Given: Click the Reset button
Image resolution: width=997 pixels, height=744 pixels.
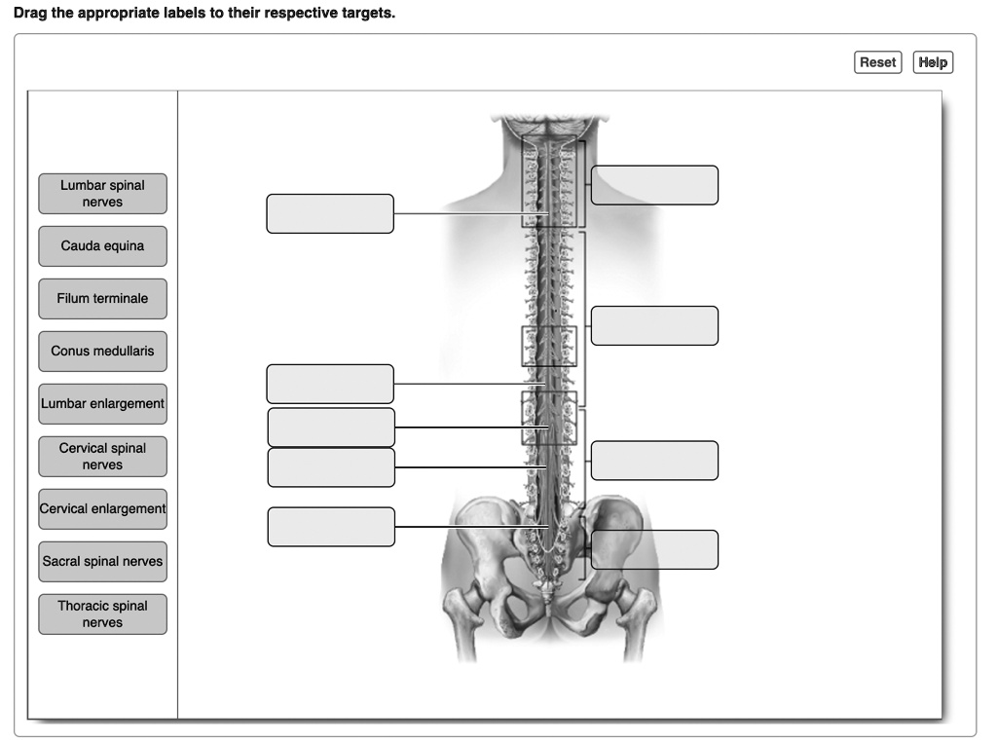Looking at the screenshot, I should click(x=877, y=62).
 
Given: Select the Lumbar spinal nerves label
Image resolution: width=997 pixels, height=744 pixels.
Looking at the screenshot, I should click(x=102, y=194).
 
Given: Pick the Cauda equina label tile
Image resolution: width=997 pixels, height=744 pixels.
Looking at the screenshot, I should click(x=102, y=246).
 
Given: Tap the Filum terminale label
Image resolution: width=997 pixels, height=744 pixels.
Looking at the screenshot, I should click(x=102, y=299).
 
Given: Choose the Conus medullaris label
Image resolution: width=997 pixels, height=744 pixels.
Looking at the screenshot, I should click(x=102, y=352).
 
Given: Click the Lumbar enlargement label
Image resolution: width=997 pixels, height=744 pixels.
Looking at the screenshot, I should click(x=102, y=404).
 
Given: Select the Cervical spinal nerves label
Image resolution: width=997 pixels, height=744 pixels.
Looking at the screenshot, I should click(x=102, y=457).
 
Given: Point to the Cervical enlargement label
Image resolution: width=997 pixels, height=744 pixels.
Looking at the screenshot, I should click(x=102, y=509).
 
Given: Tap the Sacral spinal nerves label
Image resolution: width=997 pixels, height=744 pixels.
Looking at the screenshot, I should click(x=102, y=562).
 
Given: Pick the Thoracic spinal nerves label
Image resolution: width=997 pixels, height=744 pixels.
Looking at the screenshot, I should click(x=102, y=614).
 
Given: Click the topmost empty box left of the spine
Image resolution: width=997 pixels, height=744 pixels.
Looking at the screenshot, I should click(x=330, y=214).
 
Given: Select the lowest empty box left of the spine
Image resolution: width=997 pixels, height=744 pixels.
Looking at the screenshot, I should click(x=331, y=527).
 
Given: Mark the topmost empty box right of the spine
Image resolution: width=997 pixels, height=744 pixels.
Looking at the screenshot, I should click(x=654, y=185).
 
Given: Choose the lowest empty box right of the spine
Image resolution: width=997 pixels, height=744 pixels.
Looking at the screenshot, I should click(x=654, y=549).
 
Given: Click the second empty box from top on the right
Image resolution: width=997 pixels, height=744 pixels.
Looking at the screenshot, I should click(x=654, y=326).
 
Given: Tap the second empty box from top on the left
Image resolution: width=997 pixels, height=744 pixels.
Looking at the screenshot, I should click(x=330, y=384).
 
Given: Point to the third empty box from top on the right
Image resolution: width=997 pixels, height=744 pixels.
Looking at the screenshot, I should click(x=654, y=461).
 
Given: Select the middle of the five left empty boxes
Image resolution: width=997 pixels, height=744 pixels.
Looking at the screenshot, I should click(x=331, y=428).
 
